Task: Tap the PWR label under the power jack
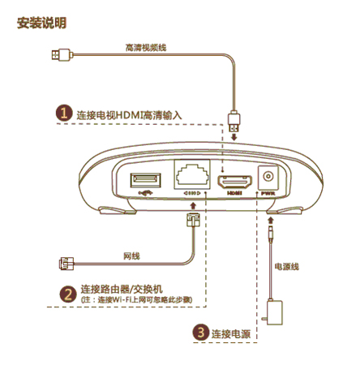tap(270, 194)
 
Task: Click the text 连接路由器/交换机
tap(122, 290)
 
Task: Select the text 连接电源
tap(231, 333)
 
